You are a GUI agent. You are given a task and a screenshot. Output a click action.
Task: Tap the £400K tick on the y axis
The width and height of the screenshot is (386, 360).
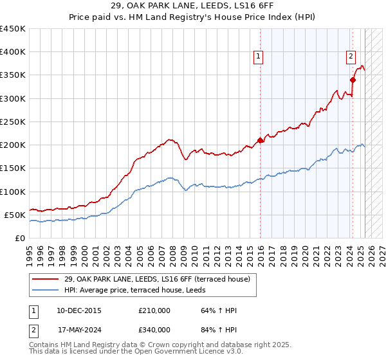coord(12,52)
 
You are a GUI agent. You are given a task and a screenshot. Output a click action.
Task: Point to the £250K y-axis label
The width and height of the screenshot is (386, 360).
coord(12,122)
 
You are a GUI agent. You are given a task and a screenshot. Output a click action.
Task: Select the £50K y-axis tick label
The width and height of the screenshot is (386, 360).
coord(15,215)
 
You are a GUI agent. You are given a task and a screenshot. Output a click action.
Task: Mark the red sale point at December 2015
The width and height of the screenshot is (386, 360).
coord(261,140)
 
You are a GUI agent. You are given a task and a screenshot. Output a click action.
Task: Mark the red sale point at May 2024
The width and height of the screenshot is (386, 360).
coord(353,80)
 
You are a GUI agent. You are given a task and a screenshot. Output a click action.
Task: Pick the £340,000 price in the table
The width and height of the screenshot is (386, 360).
coord(154,330)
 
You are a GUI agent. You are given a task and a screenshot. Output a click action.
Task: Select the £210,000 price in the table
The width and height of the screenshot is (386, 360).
coord(154,311)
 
